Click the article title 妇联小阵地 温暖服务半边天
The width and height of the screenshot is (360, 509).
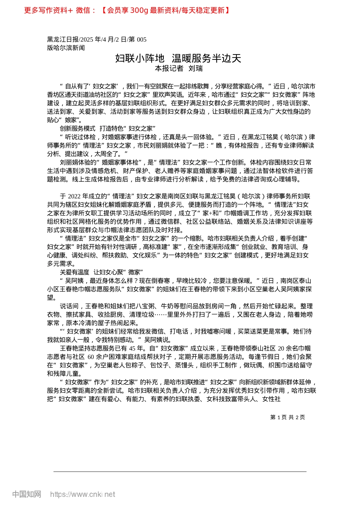[x=178, y=58]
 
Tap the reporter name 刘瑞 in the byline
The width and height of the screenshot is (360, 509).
[x=196, y=69]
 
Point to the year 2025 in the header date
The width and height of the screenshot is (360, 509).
[x=87, y=40]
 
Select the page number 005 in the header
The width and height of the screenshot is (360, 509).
[x=141, y=40]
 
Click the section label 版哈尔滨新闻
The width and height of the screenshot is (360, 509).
[x=66, y=48]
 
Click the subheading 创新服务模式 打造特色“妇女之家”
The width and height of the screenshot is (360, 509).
[x=108, y=129]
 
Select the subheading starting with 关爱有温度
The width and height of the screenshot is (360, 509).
[x=101, y=272]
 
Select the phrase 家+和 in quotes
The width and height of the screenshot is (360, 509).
[x=211, y=213]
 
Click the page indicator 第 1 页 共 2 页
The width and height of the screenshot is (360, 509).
[x=288, y=417]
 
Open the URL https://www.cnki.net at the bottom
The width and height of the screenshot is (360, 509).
[x=83, y=494]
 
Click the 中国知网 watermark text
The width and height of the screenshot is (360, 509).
[x=27, y=494]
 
